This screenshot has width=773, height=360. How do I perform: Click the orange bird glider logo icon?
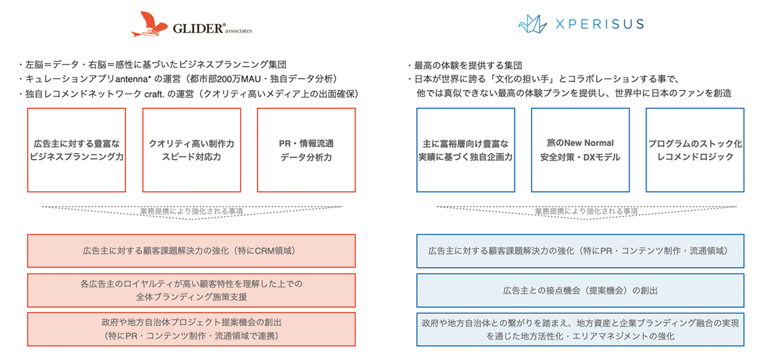[149, 24]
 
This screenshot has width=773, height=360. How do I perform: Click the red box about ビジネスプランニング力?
[77, 150]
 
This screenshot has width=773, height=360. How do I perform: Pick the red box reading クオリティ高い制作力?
[191, 150]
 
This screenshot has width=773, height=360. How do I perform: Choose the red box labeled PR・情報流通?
[306, 150]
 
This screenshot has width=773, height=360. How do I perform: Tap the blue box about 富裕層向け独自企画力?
[465, 150]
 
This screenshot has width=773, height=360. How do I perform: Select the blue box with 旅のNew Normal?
[580, 150]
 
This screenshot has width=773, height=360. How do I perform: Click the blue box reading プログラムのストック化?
[695, 150]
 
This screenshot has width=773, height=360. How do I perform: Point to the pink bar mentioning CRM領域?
[191, 251]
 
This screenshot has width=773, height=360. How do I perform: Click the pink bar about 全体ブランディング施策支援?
[191, 291]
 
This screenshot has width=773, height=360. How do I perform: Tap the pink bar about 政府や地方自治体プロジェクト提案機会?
[191, 329]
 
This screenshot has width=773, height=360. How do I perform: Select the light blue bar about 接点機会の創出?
[580, 291]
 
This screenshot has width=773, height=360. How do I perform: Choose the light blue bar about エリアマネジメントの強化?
[580, 329]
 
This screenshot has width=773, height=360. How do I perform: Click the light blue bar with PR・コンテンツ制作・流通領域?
[580, 251]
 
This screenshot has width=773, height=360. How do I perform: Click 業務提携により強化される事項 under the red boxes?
[191, 211]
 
